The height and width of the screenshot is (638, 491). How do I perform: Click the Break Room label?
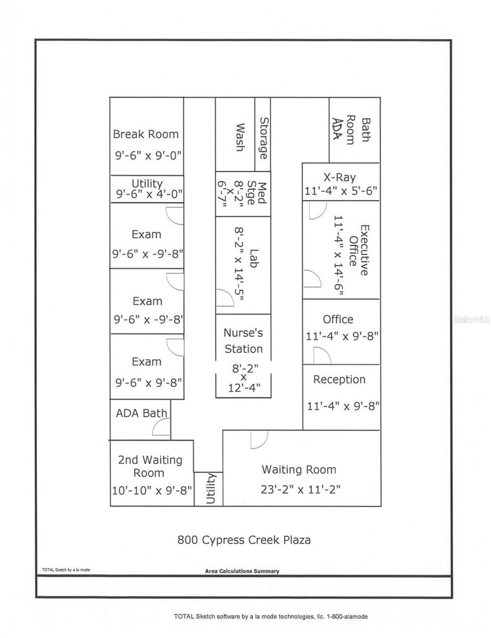click(146, 134)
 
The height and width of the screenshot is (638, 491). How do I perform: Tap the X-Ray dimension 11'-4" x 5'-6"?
click(340, 191)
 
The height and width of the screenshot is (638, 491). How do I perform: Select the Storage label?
click(263, 138)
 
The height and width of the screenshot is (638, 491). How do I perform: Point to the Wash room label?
click(240, 137)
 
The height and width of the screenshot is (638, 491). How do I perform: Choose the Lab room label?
click(254, 258)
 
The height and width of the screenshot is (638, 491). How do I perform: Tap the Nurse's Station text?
click(243, 341)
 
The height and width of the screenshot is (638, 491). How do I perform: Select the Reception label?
click(339, 379)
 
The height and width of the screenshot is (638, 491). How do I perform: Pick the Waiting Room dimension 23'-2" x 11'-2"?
click(301, 489)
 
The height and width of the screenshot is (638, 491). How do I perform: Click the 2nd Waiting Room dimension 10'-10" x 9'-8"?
click(152, 490)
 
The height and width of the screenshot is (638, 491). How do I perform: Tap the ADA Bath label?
click(141, 413)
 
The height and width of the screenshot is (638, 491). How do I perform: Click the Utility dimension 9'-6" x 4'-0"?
click(149, 194)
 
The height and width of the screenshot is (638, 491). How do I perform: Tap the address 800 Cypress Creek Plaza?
click(244, 540)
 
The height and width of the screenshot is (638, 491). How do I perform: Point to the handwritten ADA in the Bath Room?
click(337, 128)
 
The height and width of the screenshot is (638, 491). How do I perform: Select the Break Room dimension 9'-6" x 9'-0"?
click(148, 155)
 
